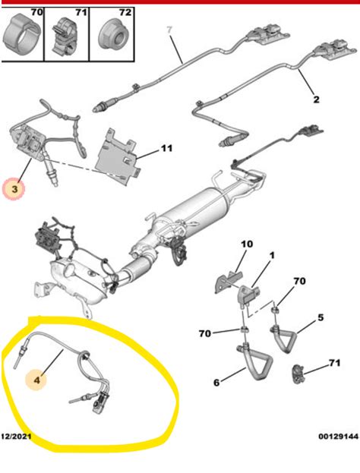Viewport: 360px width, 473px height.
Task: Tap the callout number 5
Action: [x=321, y=318]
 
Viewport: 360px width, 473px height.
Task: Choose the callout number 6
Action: [x=216, y=382]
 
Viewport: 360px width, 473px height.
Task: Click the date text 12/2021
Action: [x=16, y=437]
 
